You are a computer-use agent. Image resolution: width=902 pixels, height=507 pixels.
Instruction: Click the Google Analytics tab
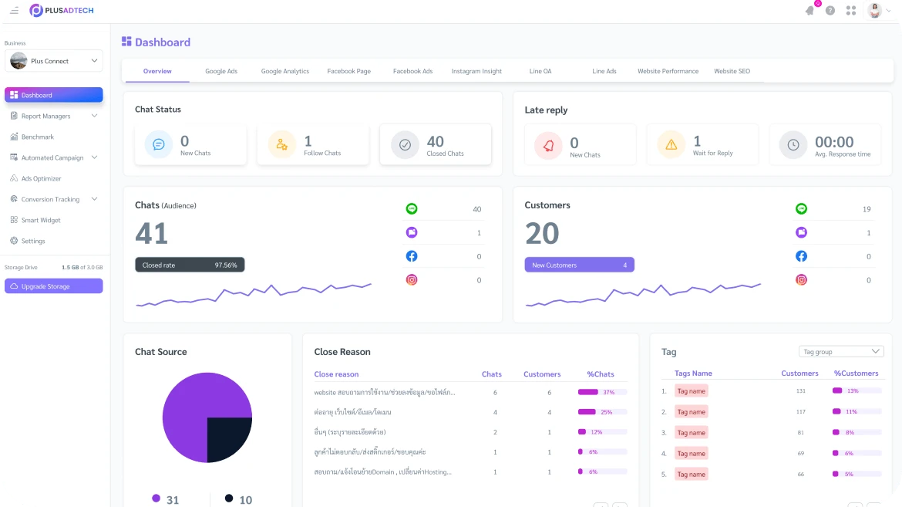(x=284, y=71)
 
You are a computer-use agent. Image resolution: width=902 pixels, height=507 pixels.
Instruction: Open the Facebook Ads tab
(x=412, y=71)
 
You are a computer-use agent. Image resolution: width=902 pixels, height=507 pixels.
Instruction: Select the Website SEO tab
(x=732, y=71)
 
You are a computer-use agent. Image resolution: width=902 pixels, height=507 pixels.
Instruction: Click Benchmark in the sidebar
(x=37, y=137)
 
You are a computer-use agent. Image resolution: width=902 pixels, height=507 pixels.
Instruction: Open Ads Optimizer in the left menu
(x=41, y=178)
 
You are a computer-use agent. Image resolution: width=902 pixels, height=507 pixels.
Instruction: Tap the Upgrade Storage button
(x=53, y=286)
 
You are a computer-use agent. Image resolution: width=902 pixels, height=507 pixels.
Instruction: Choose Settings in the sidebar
(x=33, y=241)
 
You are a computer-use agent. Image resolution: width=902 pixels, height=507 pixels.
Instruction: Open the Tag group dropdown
(x=841, y=352)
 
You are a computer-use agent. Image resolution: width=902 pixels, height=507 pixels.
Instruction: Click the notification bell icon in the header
(x=809, y=10)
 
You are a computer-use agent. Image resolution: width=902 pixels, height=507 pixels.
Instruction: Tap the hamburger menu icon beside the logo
(x=14, y=10)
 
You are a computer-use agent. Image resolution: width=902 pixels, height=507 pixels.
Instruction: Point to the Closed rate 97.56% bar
(x=190, y=265)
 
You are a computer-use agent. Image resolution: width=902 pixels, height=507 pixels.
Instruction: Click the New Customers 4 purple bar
(x=579, y=265)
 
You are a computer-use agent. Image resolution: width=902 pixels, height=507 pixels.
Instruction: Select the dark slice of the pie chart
(x=229, y=439)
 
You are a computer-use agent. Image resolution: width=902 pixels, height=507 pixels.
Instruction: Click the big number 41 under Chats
(x=152, y=233)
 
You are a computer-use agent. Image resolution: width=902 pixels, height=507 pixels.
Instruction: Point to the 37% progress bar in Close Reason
(x=602, y=392)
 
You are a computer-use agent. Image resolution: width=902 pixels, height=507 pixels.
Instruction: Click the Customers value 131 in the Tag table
(x=800, y=391)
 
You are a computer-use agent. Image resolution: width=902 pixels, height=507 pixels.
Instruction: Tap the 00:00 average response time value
(x=834, y=142)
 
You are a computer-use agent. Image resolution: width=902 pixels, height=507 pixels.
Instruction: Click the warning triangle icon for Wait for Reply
(x=671, y=144)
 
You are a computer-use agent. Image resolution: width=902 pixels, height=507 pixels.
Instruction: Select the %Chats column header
(x=601, y=374)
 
